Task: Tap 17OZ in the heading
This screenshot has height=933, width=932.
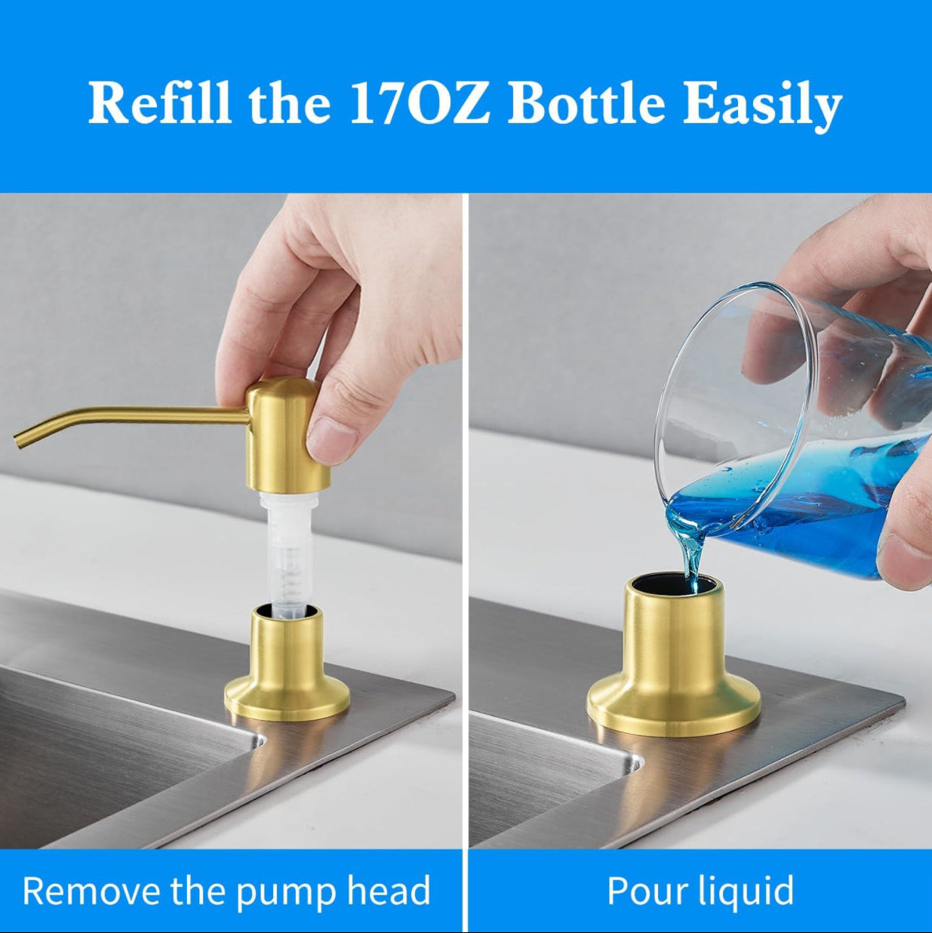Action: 420,103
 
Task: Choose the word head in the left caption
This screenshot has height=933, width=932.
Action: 389,891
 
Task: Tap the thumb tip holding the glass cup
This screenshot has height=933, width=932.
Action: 906,559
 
